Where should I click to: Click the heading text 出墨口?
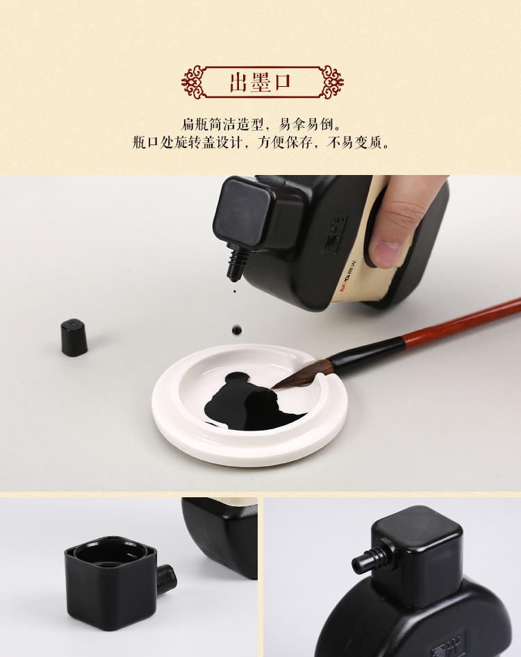tap(260, 82)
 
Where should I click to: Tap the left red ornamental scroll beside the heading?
tap(194, 82)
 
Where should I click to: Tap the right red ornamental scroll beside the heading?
tap(331, 82)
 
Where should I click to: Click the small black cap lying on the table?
tap(74, 338)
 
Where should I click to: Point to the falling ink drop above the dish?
tap(237, 330)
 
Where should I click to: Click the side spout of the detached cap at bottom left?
tap(167, 579)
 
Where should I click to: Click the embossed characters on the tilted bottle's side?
tap(336, 234)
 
